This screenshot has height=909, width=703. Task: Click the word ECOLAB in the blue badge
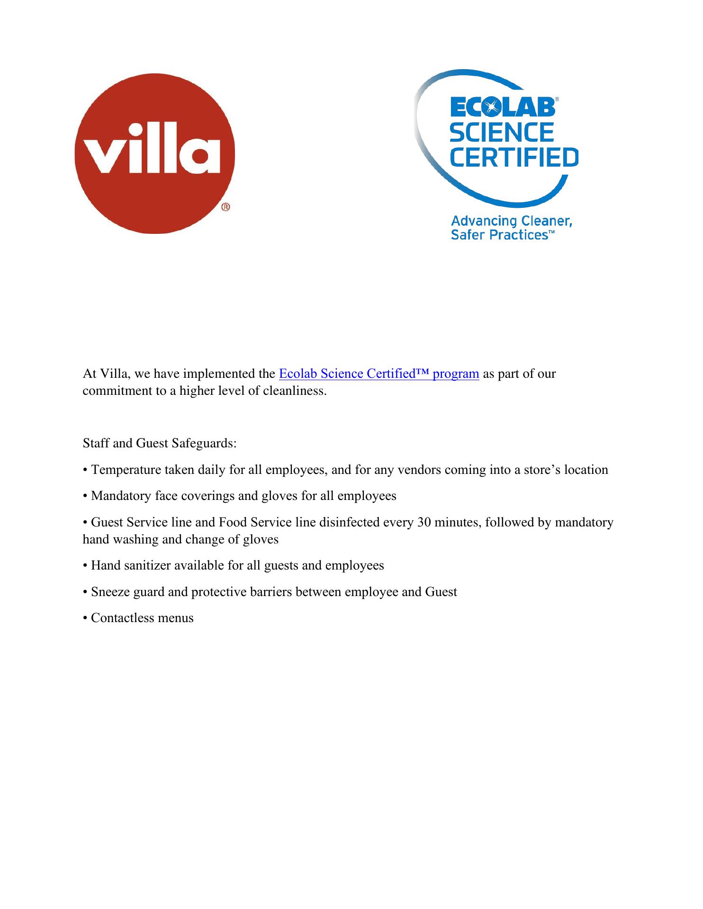[502, 107]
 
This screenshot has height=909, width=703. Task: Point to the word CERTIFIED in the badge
[514, 158]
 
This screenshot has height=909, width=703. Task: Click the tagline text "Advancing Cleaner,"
[511, 221]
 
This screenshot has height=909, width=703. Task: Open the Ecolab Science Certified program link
[379, 374]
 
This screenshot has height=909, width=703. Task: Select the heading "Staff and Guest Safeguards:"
[160, 444]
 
